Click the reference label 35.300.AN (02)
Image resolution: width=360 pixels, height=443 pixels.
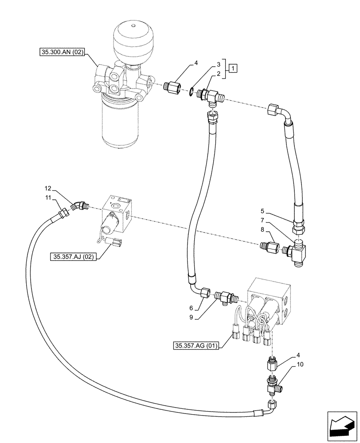62,52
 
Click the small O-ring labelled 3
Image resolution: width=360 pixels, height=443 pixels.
191,92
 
